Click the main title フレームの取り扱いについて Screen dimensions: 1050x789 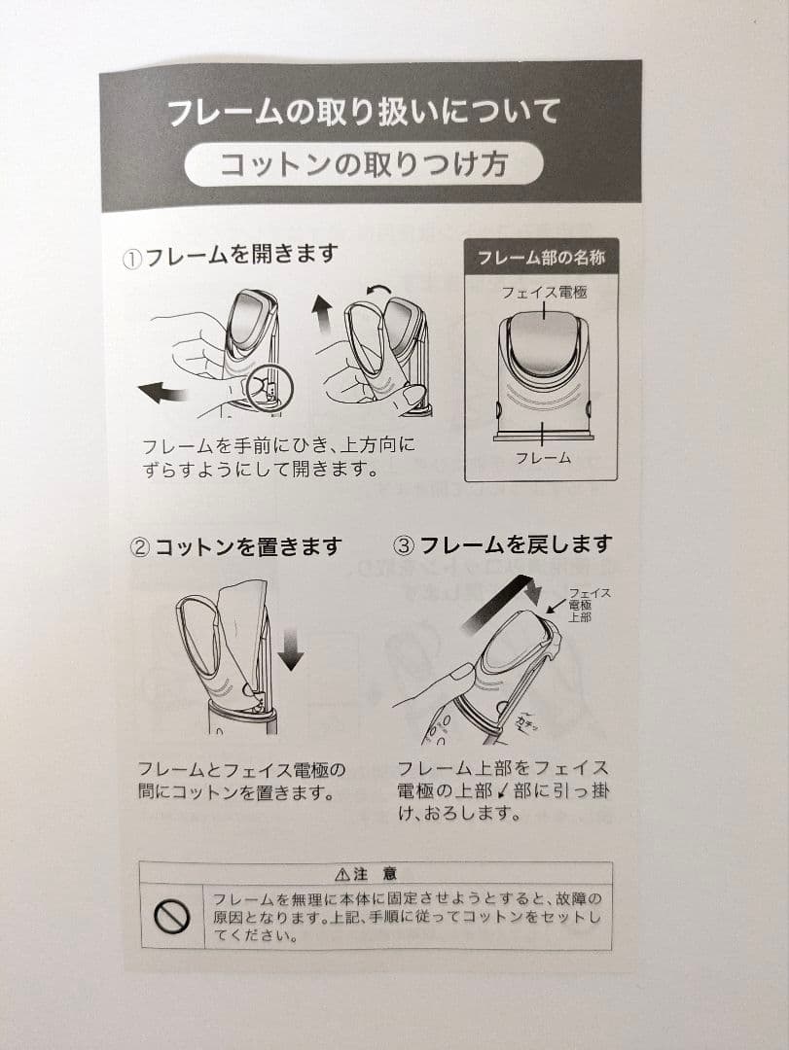[x=364, y=111]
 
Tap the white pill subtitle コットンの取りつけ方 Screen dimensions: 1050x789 [x=364, y=163]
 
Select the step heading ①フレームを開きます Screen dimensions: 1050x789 [x=231, y=255]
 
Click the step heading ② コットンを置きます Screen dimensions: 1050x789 [x=236, y=546]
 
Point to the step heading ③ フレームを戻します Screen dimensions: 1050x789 [x=502, y=544]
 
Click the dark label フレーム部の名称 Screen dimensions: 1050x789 [x=541, y=259]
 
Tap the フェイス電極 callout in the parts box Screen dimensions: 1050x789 [x=544, y=291]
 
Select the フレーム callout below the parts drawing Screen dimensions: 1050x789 [x=543, y=457]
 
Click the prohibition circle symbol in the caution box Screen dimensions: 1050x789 [x=171, y=916]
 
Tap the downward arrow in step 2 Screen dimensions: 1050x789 [x=290, y=648]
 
